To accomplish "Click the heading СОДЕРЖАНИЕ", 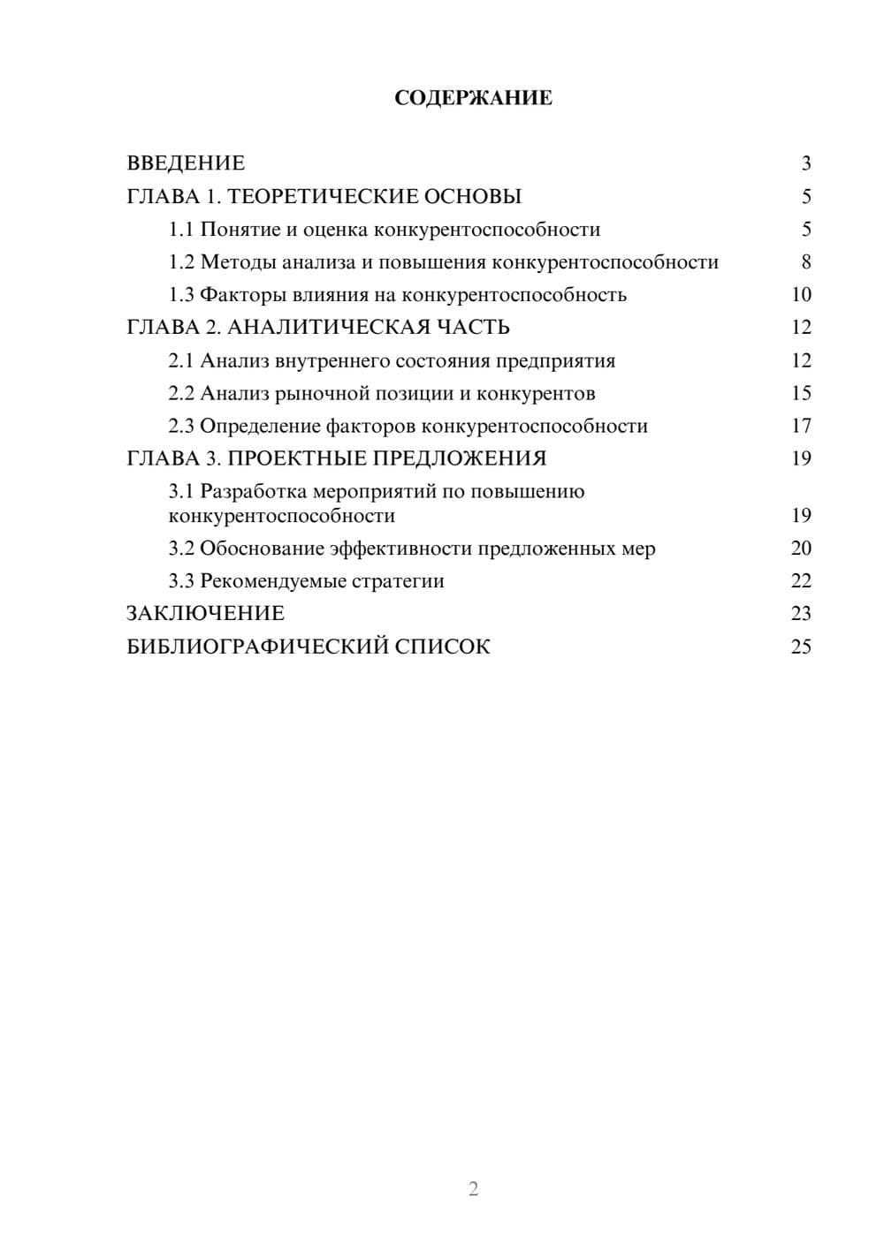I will [x=473, y=98].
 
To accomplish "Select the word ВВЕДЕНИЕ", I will [x=186, y=163].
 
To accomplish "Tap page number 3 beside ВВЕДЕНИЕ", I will [x=805, y=163].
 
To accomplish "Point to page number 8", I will [x=805, y=262].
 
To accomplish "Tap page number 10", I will [x=801, y=295].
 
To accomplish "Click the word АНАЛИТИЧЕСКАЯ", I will [x=330, y=328].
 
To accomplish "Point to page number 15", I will [x=801, y=393].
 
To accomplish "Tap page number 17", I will [x=801, y=427].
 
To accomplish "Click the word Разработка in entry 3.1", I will [x=254, y=491].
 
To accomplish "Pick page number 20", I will [x=801, y=549].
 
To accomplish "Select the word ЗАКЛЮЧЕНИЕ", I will [x=205, y=614].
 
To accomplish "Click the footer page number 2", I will [x=473, y=1189].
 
